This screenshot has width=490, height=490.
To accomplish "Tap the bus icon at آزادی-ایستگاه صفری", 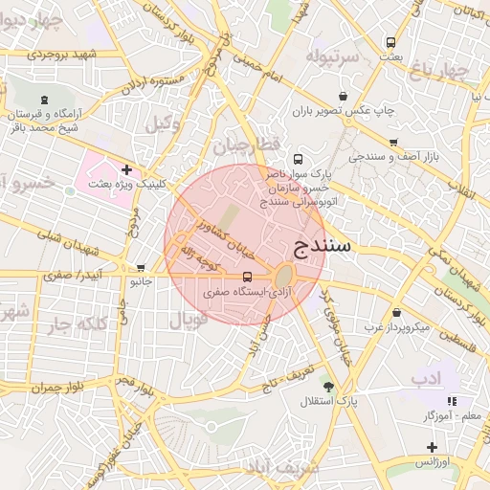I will click(x=248, y=277).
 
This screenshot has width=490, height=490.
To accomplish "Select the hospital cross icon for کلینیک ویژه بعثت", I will click(x=125, y=169).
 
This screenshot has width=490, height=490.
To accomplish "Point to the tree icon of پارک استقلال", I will click(x=329, y=387).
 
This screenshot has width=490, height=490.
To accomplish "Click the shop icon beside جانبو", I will click(x=142, y=269).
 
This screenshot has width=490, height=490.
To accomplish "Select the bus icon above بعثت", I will click(x=390, y=43).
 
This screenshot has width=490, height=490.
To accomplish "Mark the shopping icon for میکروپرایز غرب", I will click(x=396, y=313).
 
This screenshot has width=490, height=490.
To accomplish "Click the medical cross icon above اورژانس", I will click(x=432, y=447).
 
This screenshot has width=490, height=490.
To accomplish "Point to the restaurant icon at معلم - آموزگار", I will click(x=452, y=401).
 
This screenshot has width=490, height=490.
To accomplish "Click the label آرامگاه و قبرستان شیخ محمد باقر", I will click(x=44, y=120).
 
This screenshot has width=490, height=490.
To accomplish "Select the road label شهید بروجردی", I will click(x=41, y=54).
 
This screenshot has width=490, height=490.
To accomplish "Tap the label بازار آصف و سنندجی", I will click(x=393, y=155).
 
